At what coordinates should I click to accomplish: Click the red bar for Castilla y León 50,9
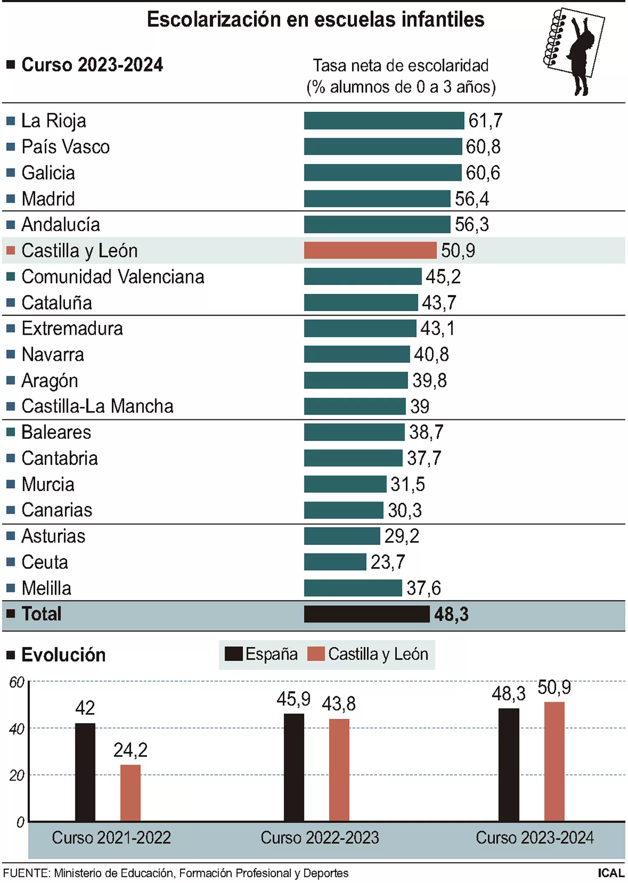click(x=370, y=250)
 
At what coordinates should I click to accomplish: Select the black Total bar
click(x=366, y=614)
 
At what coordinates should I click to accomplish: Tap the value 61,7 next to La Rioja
click(x=485, y=121)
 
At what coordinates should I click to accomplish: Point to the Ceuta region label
click(x=45, y=562)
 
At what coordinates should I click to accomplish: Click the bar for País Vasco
click(x=383, y=147)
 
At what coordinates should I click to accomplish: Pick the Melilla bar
click(x=353, y=588)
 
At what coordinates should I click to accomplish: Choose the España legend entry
click(x=261, y=654)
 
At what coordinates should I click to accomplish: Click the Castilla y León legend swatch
click(x=316, y=654)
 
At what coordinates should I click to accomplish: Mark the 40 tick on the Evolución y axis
click(x=17, y=729)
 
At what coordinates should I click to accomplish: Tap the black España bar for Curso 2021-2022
click(x=85, y=772)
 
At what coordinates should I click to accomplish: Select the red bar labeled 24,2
click(x=130, y=793)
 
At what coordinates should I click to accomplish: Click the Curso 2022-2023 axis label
click(x=319, y=838)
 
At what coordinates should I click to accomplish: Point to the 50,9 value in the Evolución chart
click(x=554, y=687)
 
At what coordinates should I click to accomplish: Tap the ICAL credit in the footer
click(x=611, y=873)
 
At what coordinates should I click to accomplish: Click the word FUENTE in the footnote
click(x=26, y=873)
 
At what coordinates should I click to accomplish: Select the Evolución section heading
click(x=63, y=655)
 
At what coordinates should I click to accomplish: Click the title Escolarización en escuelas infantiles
click(x=316, y=20)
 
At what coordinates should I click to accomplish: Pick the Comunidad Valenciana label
click(x=113, y=277)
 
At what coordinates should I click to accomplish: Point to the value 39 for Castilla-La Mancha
click(x=420, y=407)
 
